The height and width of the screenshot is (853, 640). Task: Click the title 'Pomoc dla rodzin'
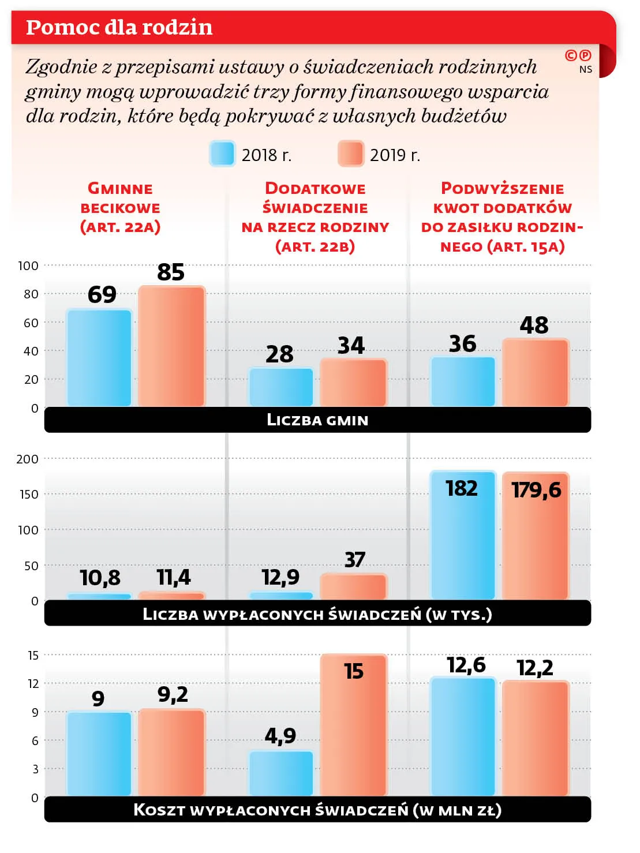pyautogui.click(x=119, y=27)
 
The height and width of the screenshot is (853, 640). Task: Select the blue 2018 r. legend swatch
pyautogui.click(x=222, y=154)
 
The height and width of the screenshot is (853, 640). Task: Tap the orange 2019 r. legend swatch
pyautogui.click(x=351, y=154)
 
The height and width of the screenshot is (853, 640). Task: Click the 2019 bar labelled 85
pyautogui.click(x=171, y=346)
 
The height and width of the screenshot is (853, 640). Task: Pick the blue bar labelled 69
pyautogui.click(x=99, y=358)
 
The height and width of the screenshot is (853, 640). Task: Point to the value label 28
pyautogui.click(x=279, y=354)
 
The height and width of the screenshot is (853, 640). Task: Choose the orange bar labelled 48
pyautogui.click(x=536, y=373)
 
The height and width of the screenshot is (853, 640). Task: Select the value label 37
pyautogui.click(x=355, y=560)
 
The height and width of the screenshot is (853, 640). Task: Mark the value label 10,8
pyautogui.click(x=100, y=578)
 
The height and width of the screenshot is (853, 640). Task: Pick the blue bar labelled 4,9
pyautogui.click(x=281, y=773)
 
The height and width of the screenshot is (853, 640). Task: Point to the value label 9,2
pyautogui.click(x=173, y=694)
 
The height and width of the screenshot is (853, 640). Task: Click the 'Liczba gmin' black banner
pyautogui.click(x=317, y=420)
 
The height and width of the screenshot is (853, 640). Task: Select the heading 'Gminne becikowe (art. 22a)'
pyautogui.click(x=120, y=208)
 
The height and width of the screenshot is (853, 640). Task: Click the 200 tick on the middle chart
pyautogui.click(x=28, y=459)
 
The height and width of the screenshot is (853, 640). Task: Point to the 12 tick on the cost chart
pyautogui.click(x=33, y=684)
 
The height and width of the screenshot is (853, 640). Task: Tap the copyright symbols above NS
pyautogui.click(x=578, y=55)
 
